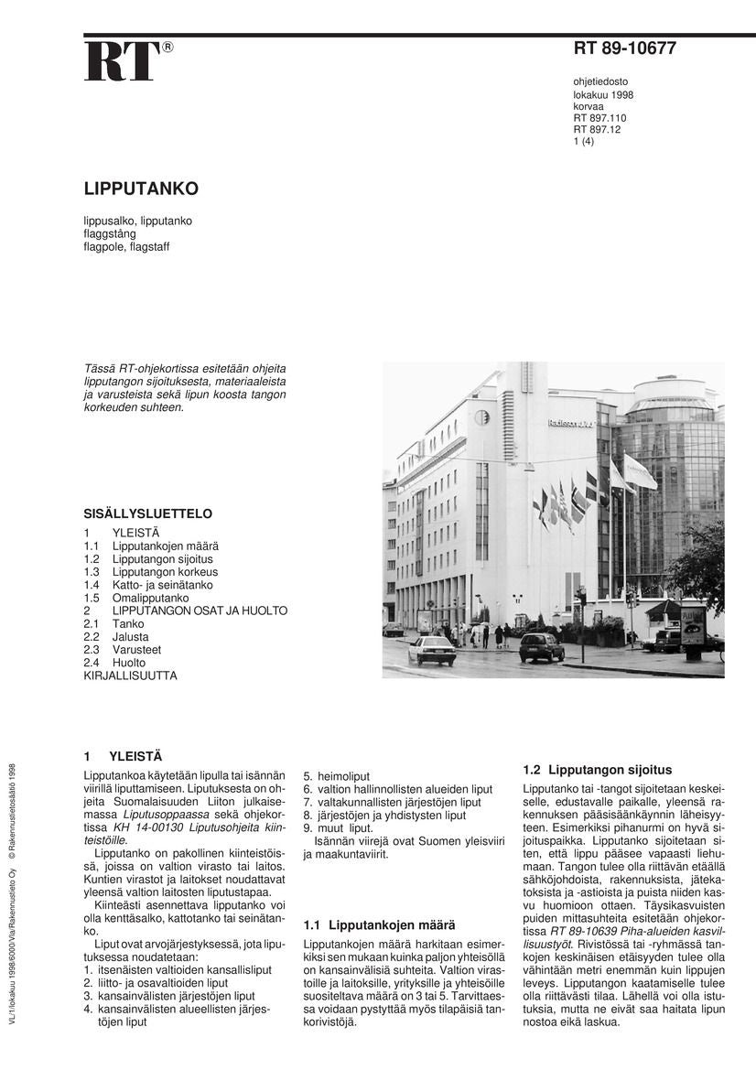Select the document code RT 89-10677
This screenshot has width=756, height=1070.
(x=625, y=49)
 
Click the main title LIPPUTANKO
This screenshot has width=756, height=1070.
(x=141, y=189)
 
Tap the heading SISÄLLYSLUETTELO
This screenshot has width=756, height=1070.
(x=147, y=513)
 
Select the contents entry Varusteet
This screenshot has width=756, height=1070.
(x=136, y=649)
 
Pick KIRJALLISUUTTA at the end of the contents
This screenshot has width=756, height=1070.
(x=130, y=676)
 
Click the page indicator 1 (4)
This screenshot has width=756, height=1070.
(x=584, y=141)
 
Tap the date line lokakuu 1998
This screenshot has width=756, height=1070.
(x=603, y=94)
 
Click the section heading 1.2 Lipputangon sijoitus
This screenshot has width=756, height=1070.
(x=597, y=770)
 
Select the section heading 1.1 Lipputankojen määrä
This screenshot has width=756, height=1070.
(x=379, y=925)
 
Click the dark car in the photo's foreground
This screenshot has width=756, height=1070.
(x=542, y=647)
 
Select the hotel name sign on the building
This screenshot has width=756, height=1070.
(x=570, y=423)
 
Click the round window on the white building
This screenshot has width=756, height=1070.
(x=481, y=417)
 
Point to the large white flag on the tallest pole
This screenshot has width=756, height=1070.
(x=640, y=471)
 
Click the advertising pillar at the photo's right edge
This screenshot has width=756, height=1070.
(x=693, y=629)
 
